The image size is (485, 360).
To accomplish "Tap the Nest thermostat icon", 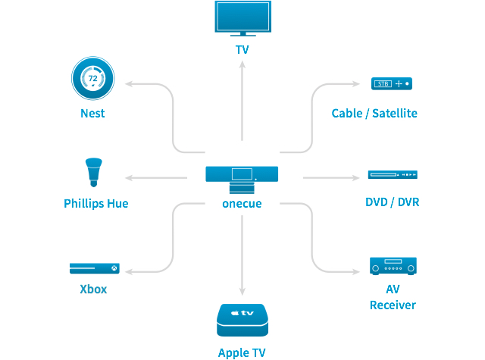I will click(x=92, y=79).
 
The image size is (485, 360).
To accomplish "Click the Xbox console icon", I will click(x=94, y=268).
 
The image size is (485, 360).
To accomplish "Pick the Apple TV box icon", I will click(x=242, y=320).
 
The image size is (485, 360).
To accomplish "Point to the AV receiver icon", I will click(x=392, y=266).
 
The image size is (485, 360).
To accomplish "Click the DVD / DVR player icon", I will click(x=393, y=174).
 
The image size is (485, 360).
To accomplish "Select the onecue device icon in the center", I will click(x=242, y=178).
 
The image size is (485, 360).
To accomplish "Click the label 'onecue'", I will click(x=242, y=204).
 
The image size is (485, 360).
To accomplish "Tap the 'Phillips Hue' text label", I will click(x=95, y=203).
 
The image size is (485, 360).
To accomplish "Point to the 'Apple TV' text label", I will click(x=242, y=352).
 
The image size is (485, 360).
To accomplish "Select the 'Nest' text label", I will click(x=92, y=114).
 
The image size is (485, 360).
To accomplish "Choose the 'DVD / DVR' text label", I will click(x=392, y=202).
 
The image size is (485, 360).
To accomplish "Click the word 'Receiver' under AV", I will click(x=393, y=305).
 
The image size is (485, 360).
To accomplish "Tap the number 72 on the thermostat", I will click(x=92, y=77).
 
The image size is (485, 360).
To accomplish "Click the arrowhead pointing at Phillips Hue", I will click(x=128, y=178).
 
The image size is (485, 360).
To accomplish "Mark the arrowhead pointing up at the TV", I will click(x=242, y=64).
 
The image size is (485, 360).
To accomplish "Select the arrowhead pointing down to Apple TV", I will click(x=242, y=292).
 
